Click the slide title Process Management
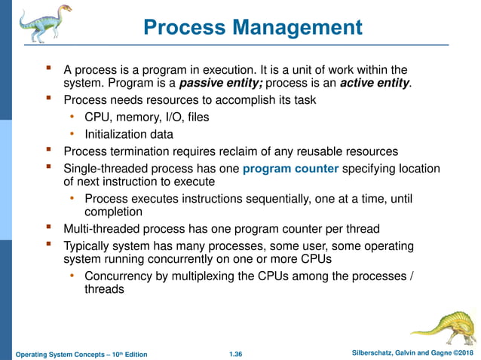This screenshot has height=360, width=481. (x=253, y=28)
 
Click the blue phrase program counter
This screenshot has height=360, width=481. (x=291, y=169)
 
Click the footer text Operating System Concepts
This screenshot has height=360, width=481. (x=62, y=354)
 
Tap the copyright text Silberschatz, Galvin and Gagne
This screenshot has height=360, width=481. (x=393, y=354)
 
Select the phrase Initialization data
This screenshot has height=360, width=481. (x=129, y=134)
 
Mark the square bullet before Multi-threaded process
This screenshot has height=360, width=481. (x=50, y=227)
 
